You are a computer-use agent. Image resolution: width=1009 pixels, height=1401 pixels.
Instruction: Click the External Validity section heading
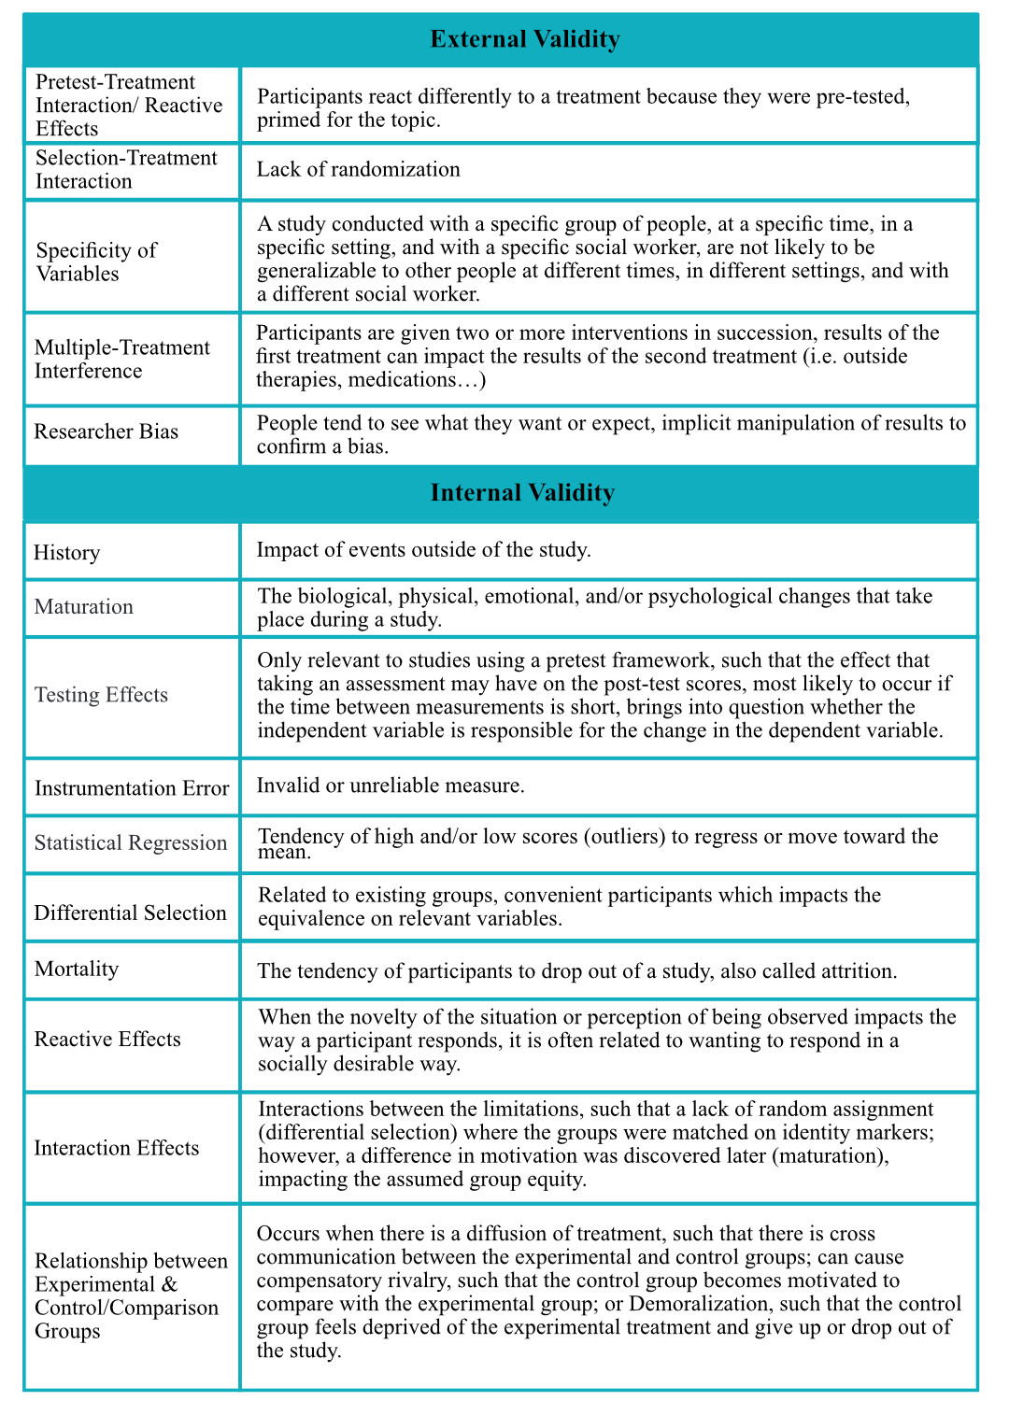(x=524, y=39)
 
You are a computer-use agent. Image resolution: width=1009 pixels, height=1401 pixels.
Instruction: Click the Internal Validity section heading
(x=522, y=493)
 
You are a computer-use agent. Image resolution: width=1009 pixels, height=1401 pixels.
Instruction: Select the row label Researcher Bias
(x=106, y=432)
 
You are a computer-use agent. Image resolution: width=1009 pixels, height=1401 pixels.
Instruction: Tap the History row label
(x=66, y=553)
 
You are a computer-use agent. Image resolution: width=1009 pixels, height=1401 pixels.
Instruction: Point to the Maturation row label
(x=83, y=607)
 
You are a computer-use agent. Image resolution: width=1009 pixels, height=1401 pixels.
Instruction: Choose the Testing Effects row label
(x=101, y=695)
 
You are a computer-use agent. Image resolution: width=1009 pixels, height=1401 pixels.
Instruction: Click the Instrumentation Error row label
(x=131, y=788)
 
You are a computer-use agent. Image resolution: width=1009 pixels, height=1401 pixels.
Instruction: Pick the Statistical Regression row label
(x=130, y=842)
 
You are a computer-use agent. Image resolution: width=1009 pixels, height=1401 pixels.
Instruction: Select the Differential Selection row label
(x=130, y=913)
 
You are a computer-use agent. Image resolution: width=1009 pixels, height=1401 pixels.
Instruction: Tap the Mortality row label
(x=76, y=969)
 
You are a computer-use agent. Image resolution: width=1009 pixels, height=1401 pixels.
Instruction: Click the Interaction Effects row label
(x=116, y=1148)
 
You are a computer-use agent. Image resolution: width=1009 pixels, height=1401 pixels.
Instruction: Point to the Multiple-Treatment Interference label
(x=121, y=360)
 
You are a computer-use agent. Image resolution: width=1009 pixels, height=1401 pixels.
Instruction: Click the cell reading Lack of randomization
(x=358, y=169)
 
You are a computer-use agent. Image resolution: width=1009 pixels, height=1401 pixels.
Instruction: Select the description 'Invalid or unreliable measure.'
(x=391, y=785)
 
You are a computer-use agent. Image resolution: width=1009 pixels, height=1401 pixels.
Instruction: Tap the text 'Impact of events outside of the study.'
(x=423, y=549)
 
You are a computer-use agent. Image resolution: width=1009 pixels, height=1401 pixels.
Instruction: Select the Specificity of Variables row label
(x=95, y=262)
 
